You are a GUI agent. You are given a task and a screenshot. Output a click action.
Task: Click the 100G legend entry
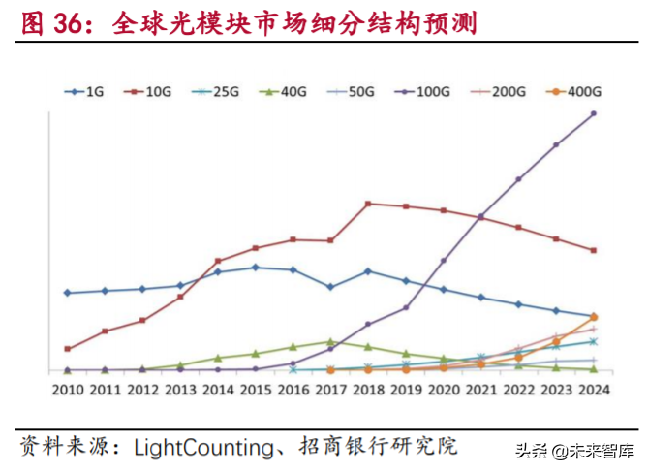click(422, 92)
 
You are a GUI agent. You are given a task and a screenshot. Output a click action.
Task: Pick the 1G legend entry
click(84, 92)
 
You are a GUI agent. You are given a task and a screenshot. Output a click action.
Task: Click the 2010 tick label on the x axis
click(67, 390)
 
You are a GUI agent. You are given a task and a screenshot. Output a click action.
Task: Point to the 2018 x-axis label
click(368, 390)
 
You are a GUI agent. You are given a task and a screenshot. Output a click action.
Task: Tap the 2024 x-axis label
click(593, 390)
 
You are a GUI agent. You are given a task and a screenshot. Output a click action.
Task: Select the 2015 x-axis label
click(255, 390)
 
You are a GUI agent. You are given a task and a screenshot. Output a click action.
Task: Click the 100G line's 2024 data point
click(594, 113)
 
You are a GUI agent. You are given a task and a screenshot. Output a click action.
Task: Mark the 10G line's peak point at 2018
click(368, 204)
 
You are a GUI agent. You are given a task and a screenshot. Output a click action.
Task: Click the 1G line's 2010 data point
click(67, 293)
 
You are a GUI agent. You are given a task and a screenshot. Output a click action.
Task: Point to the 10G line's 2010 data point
click(67, 349)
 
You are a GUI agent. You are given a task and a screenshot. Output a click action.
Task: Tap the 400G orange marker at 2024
click(594, 318)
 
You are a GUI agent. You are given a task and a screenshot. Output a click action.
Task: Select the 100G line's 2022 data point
click(518, 179)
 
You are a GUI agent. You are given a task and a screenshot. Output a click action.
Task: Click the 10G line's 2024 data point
click(594, 250)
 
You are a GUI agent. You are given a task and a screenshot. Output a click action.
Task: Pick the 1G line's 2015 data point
click(255, 268)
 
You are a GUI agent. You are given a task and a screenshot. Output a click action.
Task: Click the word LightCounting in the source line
click(203, 447)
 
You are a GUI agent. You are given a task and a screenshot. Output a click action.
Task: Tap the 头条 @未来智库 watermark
click(574, 451)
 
